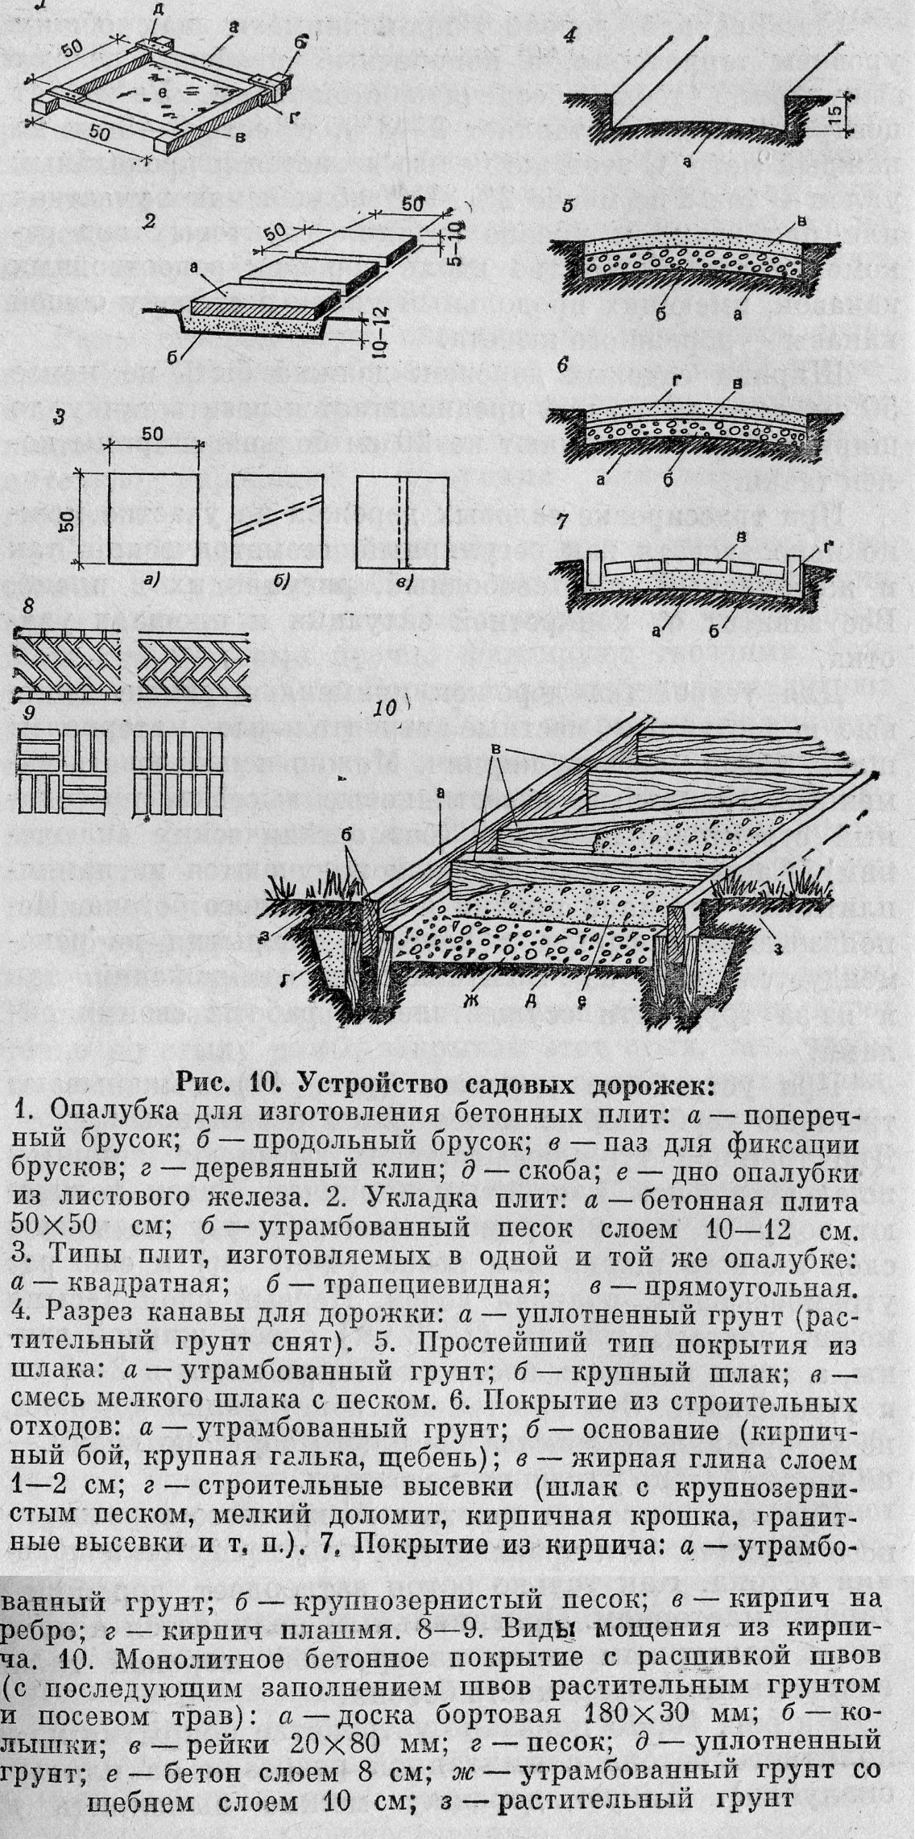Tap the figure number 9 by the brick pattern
click(28, 713)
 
